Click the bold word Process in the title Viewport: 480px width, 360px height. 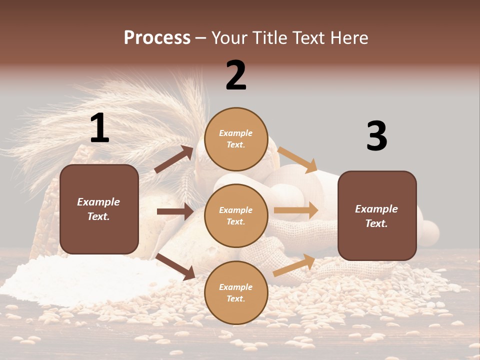point(157,38)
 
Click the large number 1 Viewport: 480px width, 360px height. point(99,128)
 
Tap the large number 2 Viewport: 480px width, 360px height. point(236,75)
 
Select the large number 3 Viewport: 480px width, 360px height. point(376,136)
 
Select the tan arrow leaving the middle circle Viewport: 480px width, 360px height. point(295,210)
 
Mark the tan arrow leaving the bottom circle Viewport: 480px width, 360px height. point(294,265)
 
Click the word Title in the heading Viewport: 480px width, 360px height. point(269,38)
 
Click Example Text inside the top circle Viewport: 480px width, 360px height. point(236,139)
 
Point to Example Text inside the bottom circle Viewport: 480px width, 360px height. point(236,293)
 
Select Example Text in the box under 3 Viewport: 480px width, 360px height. point(376,216)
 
